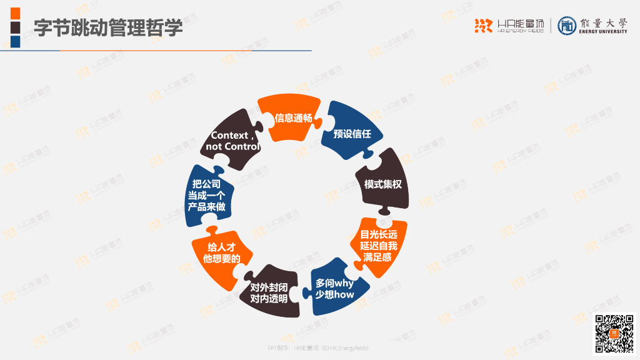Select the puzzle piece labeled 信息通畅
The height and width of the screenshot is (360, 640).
[293, 117]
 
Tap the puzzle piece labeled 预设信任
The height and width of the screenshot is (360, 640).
[352, 134]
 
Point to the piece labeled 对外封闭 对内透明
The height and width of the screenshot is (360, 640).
[269, 292]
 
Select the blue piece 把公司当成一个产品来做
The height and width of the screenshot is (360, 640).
[206, 195]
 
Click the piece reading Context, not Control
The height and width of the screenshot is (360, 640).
[232, 141]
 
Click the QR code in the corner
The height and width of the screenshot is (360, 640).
[614, 334]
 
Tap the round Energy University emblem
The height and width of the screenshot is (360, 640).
[567, 26]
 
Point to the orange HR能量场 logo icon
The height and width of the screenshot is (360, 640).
[483, 26]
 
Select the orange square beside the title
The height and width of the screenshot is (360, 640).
[15, 13]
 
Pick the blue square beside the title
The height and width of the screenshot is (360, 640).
[15, 42]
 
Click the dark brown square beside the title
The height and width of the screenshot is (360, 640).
[15, 27]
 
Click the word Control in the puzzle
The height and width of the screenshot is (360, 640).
[242, 147]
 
